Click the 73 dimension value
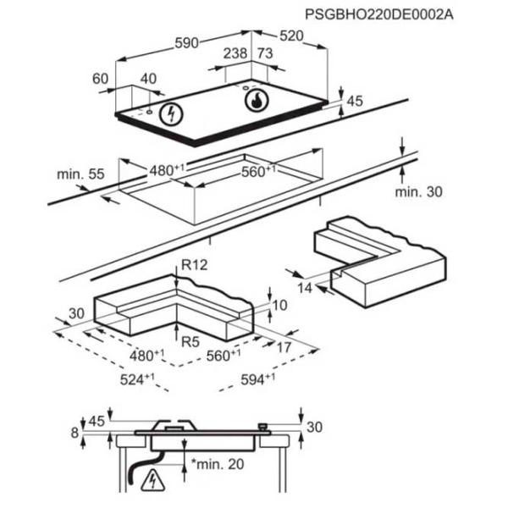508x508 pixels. tap(264, 54)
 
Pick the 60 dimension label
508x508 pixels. tap(100, 79)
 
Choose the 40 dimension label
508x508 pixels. tap(148, 79)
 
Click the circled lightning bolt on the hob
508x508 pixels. tap(173, 113)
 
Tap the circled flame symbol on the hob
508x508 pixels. tap(256, 101)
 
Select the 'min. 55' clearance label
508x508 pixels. tap(80, 174)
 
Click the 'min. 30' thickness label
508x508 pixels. tap(418, 192)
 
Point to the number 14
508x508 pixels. tap(306, 289)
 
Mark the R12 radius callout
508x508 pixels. tap(194, 266)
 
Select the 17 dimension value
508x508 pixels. tap(284, 346)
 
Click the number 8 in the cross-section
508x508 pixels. tap(75, 433)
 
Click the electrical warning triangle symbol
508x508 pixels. tap(153, 479)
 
